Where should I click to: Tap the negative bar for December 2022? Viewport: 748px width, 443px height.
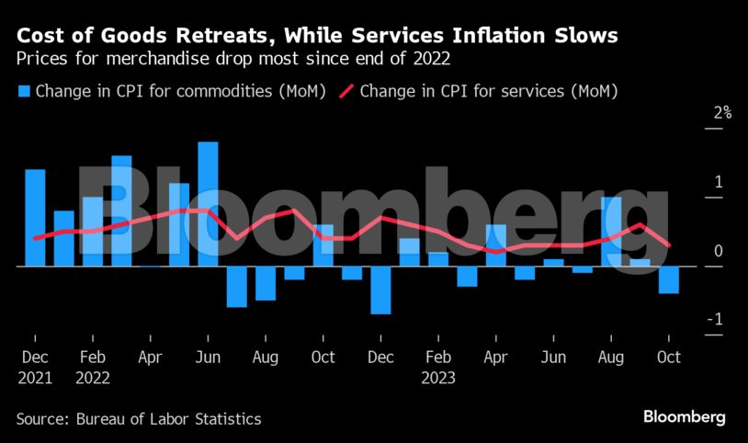380,290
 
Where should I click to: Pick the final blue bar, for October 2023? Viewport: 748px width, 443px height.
668,279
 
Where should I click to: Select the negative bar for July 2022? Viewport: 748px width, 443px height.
237,286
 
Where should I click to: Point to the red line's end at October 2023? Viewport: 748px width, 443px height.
669,245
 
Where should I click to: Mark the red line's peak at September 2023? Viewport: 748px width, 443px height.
640,224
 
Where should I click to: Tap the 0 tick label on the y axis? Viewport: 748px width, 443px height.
719,251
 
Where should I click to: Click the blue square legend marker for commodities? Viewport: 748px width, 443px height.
24,92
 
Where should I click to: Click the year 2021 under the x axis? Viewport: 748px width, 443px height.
35,377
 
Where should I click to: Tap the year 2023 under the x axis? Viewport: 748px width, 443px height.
438,377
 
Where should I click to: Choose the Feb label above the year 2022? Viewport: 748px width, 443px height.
92,357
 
